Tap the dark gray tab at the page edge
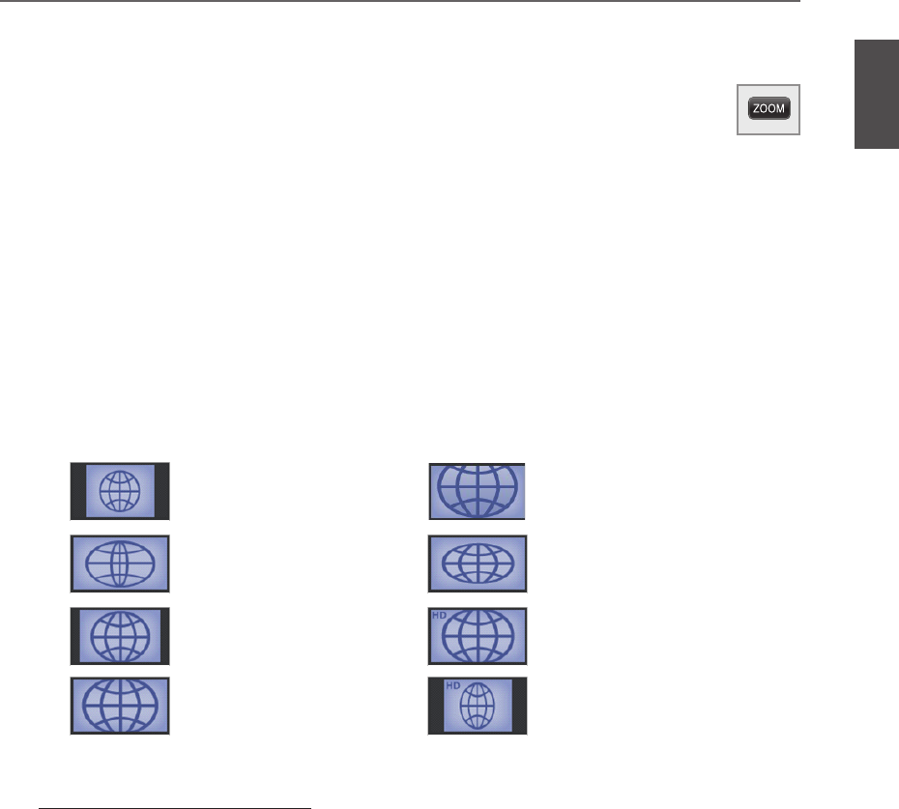(876, 95)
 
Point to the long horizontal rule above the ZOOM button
(400, 2)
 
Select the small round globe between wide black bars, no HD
(120, 491)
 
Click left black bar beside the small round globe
(78, 491)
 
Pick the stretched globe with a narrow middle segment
(120, 563)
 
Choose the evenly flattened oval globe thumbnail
(478, 563)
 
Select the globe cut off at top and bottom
(478, 491)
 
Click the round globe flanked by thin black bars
(120, 636)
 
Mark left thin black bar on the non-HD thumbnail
(74, 636)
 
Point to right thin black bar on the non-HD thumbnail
(165, 636)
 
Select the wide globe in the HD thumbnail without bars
(480, 638)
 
